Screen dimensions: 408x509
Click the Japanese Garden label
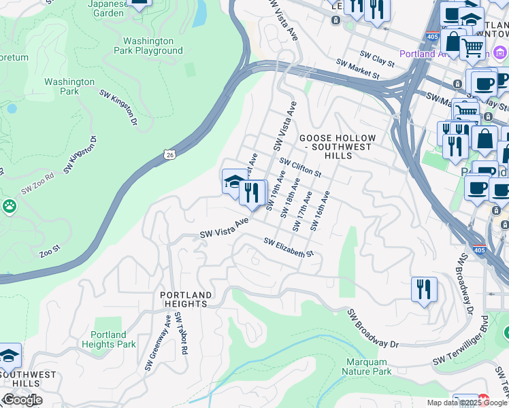click(x=107, y=7)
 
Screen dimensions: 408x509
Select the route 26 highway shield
click(x=170, y=155)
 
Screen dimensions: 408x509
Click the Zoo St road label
click(x=50, y=252)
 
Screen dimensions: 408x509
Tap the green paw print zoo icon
click(x=9, y=205)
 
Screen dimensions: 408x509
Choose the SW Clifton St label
click(x=300, y=166)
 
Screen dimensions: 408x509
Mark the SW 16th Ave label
click(x=320, y=211)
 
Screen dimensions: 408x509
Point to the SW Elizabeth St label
click(x=288, y=248)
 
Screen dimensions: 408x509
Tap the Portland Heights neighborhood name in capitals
click(x=186, y=299)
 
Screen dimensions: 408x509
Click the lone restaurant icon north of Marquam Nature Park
click(x=424, y=290)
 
